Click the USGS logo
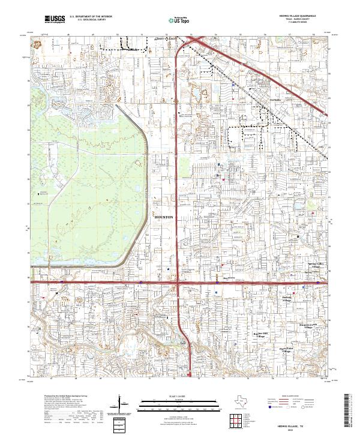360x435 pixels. coord(55,20)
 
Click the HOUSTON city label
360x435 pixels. coord(164,216)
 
